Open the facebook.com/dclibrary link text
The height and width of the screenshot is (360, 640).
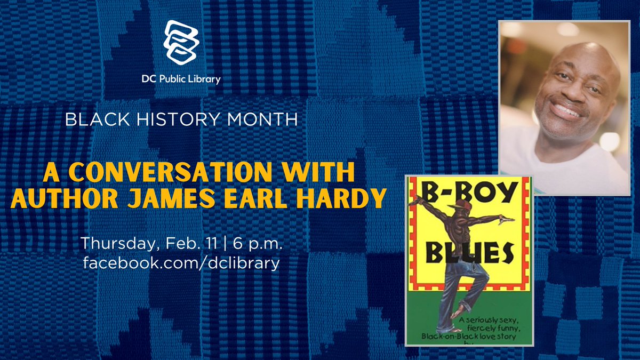(181, 263)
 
